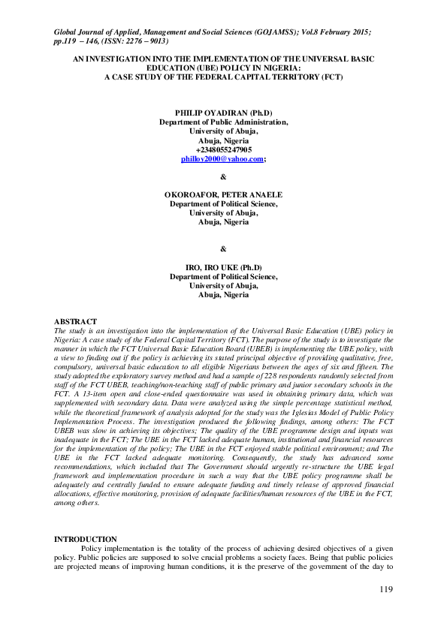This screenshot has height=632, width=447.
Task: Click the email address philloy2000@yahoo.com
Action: click(x=222, y=159)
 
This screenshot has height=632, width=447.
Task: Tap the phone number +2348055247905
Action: click(x=223, y=150)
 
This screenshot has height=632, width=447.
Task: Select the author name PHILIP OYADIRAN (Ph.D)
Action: click(x=223, y=113)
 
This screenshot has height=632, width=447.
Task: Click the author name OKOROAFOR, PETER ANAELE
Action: click(x=223, y=194)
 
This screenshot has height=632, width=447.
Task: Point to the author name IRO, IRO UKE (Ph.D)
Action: click(x=223, y=268)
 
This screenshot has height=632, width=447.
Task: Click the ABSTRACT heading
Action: click(x=76, y=321)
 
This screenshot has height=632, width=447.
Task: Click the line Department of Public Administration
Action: click(x=223, y=122)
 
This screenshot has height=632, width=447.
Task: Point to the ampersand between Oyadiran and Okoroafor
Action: click(x=223, y=177)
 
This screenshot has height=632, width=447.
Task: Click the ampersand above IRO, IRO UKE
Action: click(x=223, y=248)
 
